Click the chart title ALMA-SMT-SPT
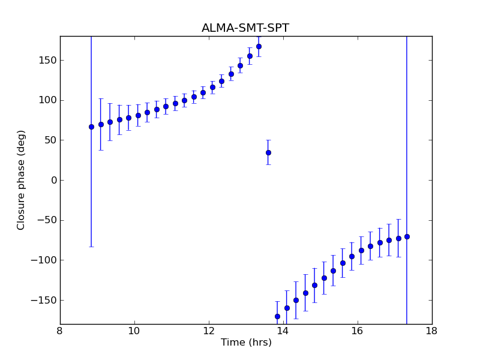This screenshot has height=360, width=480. [245, 28]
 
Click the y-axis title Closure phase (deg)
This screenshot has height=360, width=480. [22, 180]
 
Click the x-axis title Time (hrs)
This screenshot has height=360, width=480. [246, 343]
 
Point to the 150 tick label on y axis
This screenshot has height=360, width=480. [48, 60]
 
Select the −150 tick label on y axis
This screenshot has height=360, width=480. [44, 300]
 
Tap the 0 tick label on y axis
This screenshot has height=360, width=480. [53, 180]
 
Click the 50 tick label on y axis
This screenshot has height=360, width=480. [50, 140]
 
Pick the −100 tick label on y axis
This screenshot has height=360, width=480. [44, 260]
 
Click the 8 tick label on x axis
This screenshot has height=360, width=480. [60, 331]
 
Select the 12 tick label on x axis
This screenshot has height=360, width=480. [209, 331]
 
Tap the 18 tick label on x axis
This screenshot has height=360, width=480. [432, 331]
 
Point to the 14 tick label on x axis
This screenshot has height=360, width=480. [283, 331]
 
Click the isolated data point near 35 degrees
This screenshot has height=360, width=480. [268, 152]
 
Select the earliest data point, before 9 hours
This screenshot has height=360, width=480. [91, 127]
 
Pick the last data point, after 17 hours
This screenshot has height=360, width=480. [407, 236]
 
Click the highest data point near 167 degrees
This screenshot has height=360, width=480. [259, 46]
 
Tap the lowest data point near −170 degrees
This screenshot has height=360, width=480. [277, 316]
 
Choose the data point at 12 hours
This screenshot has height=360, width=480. [212, 87]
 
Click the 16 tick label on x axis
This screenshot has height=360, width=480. [358, 331]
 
